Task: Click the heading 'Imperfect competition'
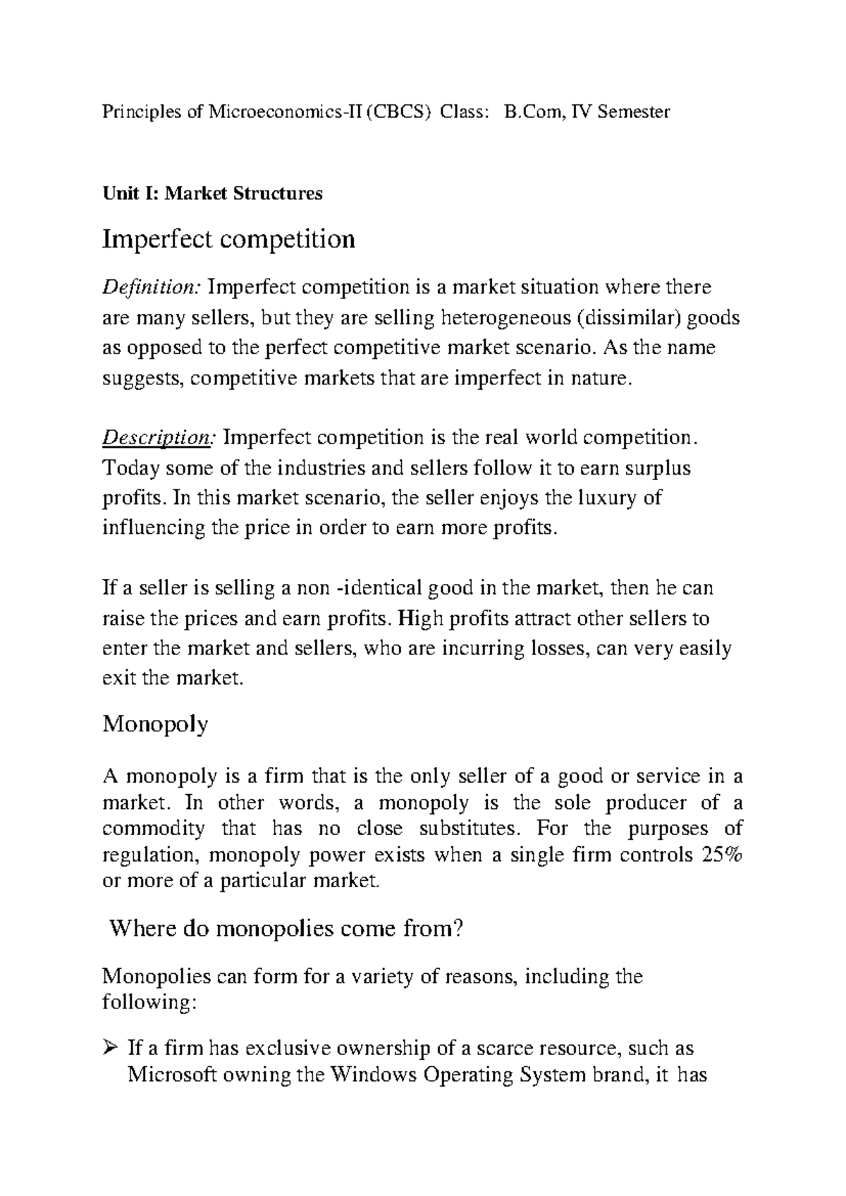(228, 240)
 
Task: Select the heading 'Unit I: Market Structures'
(212, 193)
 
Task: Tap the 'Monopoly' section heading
(155, 724)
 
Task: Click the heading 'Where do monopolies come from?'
(286, 929)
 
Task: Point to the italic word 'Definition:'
(152, 288)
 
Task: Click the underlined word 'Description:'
(159, 438)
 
